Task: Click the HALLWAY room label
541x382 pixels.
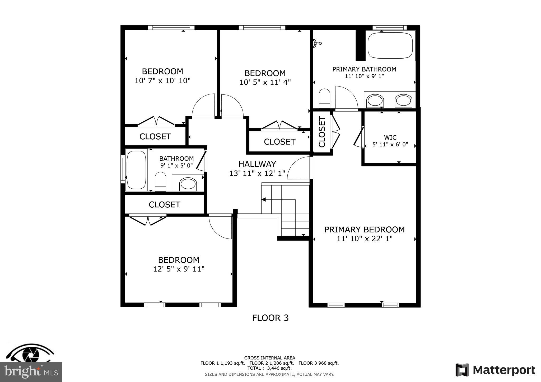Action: [x=257, y=164]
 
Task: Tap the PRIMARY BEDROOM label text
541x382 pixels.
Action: [x=364, y=230]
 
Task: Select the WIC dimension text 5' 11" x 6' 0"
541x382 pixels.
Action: [x=390, y=145]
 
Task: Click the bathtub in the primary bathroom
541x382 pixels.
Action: [x=390, y=45]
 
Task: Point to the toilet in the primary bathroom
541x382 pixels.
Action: [x=324, y=98]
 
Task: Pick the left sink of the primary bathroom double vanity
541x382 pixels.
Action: [x=375, y=101]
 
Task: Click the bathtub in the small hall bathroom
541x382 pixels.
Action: [x=136, y=170]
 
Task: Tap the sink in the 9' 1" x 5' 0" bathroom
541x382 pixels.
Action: [x=188, y=184]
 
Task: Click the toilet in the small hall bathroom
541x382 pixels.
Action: [x=160, y=181]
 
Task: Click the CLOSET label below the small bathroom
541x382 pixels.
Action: [x=164, y=204]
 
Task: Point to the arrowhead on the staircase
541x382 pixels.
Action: [x=263, y=200]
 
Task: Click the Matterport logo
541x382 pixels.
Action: [x=495, y=370]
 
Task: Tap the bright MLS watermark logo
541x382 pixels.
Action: [x=31, y=372]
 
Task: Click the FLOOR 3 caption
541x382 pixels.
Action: [x=270, y=318]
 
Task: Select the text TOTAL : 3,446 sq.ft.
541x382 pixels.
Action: [x=269, y=368]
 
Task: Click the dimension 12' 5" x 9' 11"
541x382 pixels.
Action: [x=179, y=269]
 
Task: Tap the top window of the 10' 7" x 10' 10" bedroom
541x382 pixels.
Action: [x=171, y=27]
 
